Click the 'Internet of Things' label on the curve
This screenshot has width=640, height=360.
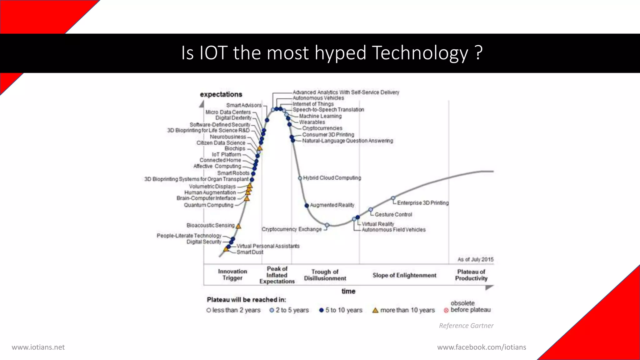(x=313, y=104)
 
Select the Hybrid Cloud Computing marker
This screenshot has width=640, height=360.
(x=300, y=178)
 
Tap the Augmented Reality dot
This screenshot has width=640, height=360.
(x=307, y=205)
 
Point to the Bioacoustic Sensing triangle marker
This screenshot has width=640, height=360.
(x=238, y=226)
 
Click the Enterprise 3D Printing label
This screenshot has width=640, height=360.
(x=423, y=203)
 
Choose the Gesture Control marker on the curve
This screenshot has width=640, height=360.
(x=371, y=209)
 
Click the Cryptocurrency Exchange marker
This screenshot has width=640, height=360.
(x=327, y=225)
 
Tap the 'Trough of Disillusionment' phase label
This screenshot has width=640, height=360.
(x=325, y=275)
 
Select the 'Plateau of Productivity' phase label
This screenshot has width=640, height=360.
(x=471, y=275)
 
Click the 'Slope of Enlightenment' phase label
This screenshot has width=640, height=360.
(x=404, y=275)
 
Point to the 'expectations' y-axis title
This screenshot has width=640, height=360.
(x=221, y=94)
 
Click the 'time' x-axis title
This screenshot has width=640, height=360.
(x=348, y=291)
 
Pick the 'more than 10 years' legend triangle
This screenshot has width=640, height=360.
(x=375, y=310)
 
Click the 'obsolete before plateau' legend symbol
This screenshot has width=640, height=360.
(x=446, y=310)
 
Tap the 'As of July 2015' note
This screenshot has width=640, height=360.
(x=476, y=259)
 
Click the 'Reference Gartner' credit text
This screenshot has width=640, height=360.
(x=466, y=326)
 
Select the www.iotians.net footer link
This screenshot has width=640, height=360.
(x=38, y=347)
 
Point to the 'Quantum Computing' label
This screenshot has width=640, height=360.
(x=208, y=205)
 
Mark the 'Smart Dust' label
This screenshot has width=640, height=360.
(x=250, y=252)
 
